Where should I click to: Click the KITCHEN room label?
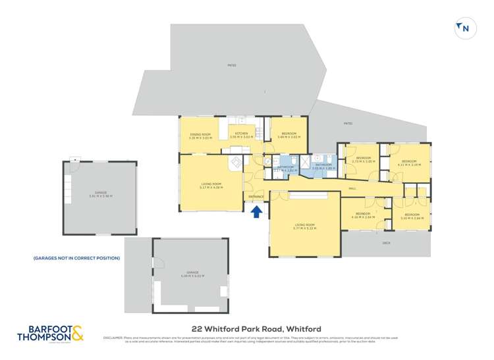242,134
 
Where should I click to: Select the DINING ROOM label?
199,134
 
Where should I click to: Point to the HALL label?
352,188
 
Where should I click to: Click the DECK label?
386,243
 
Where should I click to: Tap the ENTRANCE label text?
256,197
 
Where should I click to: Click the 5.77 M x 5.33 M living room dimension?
305,228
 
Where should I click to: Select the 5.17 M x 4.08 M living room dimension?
211,187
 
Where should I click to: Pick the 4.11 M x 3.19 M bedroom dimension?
411,165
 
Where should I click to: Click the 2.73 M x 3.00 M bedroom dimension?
364,161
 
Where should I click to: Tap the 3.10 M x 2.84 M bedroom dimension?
412,218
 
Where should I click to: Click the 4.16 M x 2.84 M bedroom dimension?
365,217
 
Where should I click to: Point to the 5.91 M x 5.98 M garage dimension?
101,196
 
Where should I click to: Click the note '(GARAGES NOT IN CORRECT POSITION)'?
76,258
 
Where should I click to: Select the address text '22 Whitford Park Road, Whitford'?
246,328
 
